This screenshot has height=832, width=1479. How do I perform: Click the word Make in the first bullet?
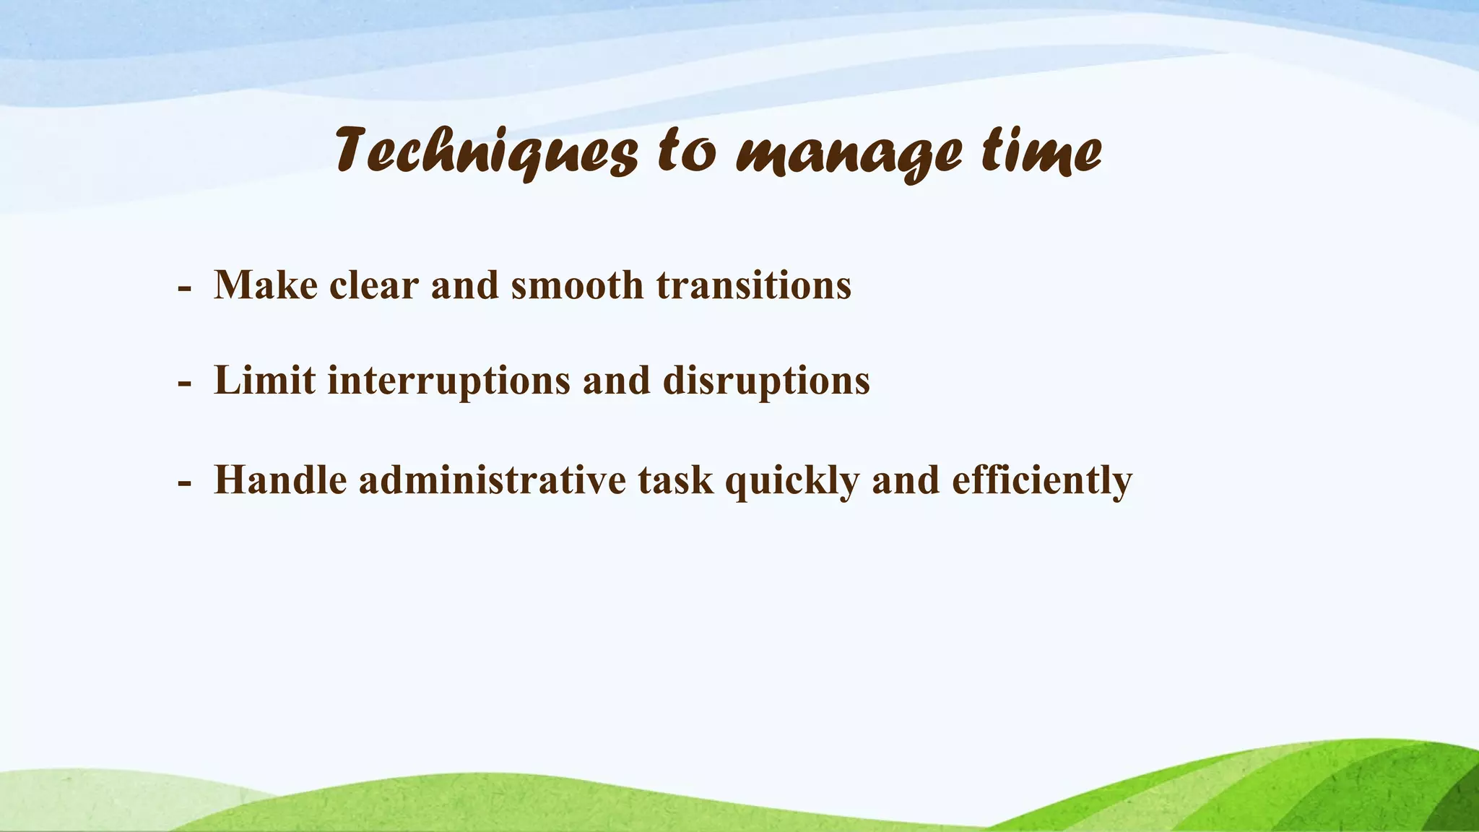(266, 285)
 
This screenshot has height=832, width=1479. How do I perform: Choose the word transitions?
(754, 285)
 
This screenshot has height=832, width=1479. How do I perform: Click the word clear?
(374, 285)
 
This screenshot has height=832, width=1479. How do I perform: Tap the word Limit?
(264, 380)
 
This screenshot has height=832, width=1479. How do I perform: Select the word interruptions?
(448, 381)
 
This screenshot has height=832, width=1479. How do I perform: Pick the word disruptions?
(766, 381)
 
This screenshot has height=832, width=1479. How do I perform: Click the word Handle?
(280, 480)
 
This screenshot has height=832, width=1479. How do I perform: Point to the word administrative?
(492, 480)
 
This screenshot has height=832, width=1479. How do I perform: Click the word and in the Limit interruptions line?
(616, 380)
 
